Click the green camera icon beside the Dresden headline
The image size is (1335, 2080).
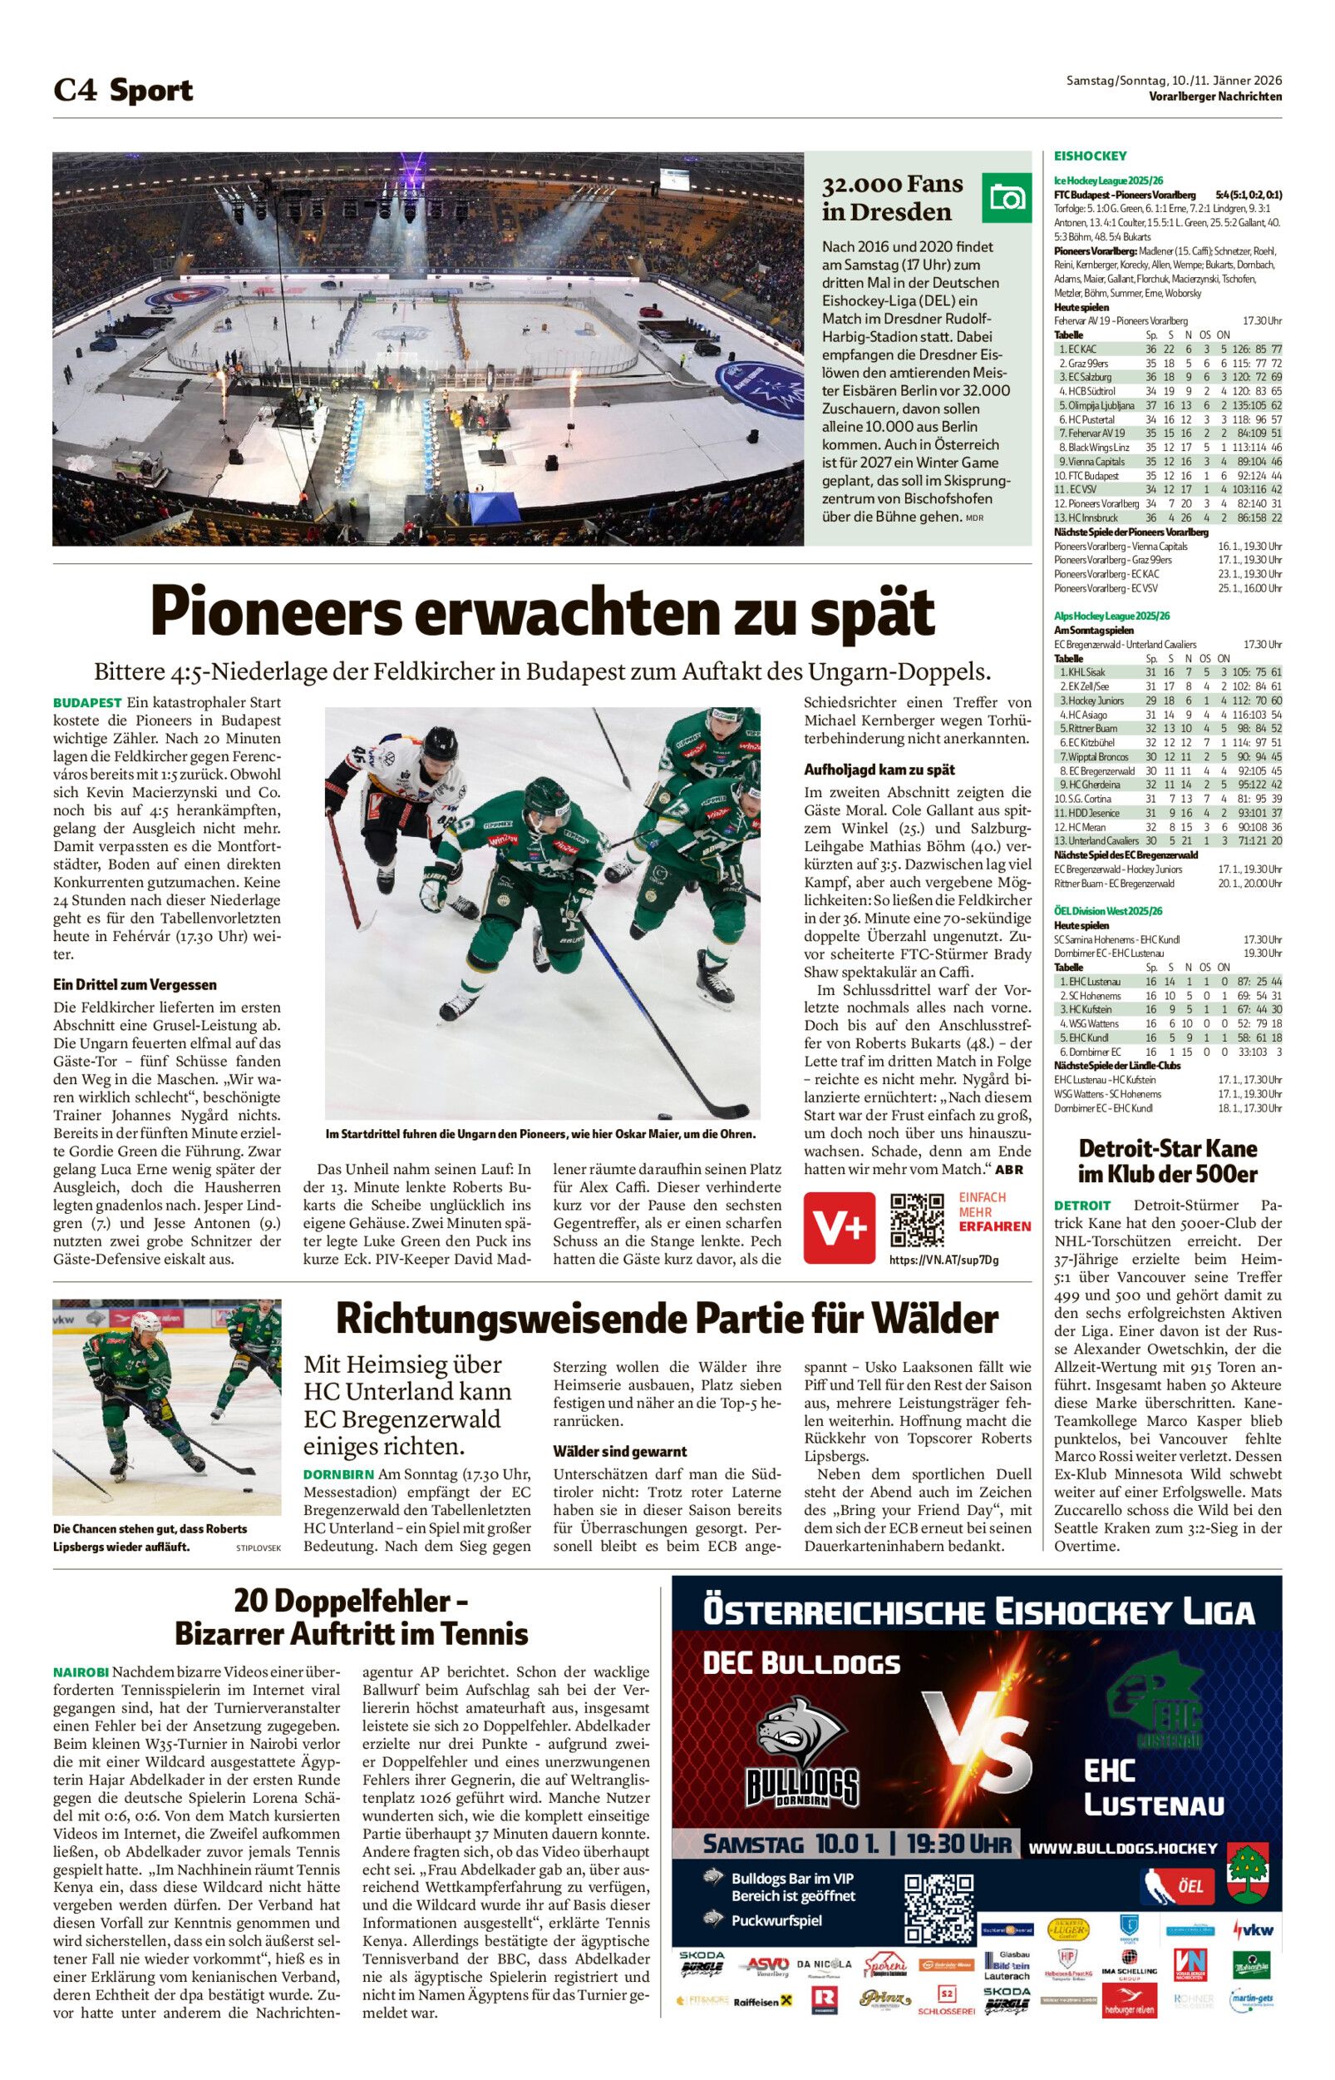point(1006,198)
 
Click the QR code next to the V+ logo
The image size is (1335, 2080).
point(917,1221)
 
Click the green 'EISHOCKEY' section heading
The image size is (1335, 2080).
point(1090,156)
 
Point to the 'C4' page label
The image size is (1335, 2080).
point(75,90)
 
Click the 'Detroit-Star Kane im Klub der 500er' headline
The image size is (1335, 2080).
point(1167,1161)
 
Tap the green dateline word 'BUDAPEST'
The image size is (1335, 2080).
point(86,702)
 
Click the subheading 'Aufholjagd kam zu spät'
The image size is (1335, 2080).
point(879,770)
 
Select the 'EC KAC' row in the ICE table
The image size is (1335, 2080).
point(1167,349)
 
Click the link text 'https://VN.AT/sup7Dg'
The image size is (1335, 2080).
point(943,1260)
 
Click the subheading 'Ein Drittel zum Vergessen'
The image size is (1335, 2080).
point(135,984)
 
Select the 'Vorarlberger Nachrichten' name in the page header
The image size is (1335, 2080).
point(1214,97)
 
